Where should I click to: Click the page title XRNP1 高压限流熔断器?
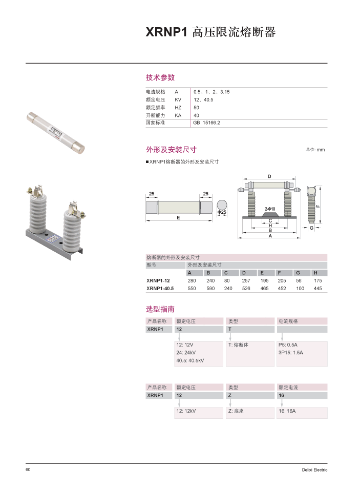tap(210, 32)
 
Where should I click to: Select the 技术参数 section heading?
tap(160, 77)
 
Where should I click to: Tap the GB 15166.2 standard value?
tap(206, 123)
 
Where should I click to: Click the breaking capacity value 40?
tap(196, 115)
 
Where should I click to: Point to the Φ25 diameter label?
tap(222, 212)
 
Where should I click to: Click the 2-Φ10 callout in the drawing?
tap(270, 209)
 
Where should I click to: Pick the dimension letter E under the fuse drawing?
tap(178, 218)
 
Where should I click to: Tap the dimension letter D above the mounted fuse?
tap(270, 176)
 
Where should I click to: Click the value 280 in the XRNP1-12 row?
tap(192, 280)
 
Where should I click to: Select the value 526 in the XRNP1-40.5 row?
tap(246, 289)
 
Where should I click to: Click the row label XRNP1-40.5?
tap(160, 289)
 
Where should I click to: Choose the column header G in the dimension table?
tap(298, 273)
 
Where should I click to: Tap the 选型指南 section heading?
tap(160, 309)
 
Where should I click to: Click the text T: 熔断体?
tap(238, 345)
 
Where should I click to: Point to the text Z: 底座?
tap(236, 411)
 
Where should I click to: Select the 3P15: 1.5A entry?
tap(291, 353)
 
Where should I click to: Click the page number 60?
tap(28, 470)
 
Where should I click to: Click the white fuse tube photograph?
tap(55, 132)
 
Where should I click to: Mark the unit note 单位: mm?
tap(315, 150)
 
